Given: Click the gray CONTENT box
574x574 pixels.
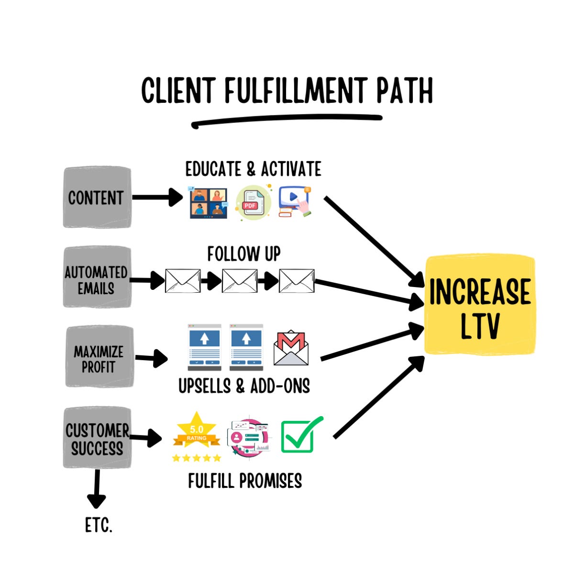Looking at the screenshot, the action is [x=97, y=197].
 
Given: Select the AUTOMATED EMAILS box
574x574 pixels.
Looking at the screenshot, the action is [x=97, y=277].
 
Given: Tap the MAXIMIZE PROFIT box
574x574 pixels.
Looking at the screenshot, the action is [x=99, y=356].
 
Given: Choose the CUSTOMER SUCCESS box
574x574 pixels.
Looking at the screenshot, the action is [x=97, y=437].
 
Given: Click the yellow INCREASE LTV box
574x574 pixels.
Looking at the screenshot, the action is [x=480, y=305].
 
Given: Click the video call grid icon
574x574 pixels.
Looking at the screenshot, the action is [x=208, y=202].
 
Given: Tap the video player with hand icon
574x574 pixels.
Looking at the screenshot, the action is [x=295, y=202].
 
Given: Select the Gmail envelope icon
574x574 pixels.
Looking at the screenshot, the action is [x=291, y=347].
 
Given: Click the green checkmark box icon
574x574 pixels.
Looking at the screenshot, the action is [x=301, y=435].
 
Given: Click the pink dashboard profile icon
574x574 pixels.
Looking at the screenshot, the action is [x=248, y=438].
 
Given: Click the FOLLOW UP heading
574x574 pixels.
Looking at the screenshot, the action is [x=243, y=254].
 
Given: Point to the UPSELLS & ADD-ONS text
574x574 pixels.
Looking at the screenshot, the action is [x=244, y=386].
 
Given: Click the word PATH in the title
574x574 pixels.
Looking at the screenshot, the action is [x=404, y=90].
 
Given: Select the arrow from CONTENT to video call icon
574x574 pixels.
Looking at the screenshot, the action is [x=157, y=197].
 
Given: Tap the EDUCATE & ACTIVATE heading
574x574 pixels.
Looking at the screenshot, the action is [x=253, y=169].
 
